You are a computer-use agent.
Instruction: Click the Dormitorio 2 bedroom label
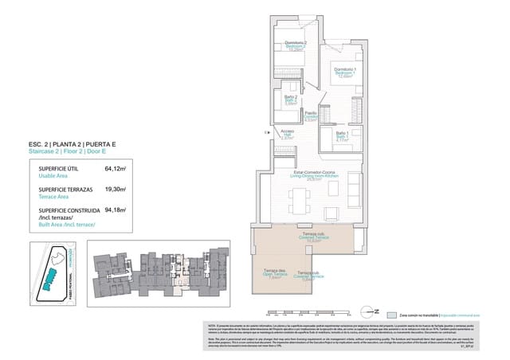[x=295, y=45]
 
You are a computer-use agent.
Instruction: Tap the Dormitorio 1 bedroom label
[x=343, y=72]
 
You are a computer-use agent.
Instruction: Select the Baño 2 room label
[x=291, y=99]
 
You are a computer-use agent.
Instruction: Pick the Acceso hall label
[x=288, y=134]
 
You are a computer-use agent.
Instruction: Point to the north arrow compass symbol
[x=368, y=312]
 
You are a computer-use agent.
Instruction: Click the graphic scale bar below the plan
[x=303, y=311]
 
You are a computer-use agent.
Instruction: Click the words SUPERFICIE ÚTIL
[x=59, y=169]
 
